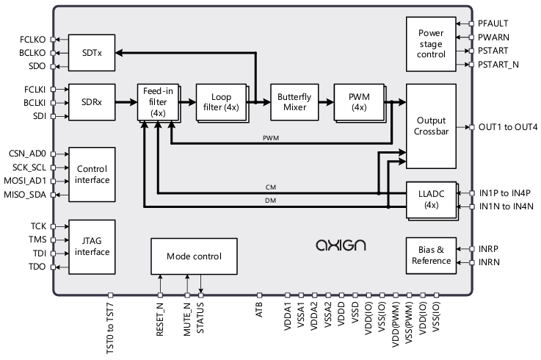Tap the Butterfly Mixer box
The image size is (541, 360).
pyautogui.click(x=292, y=101)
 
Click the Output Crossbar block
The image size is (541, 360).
pyautogui.click(x=431, y=126)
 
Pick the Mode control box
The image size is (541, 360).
pyautogui.click(x=195, y=256)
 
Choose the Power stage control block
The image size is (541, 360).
pyautogui.click(x=431, y=43)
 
